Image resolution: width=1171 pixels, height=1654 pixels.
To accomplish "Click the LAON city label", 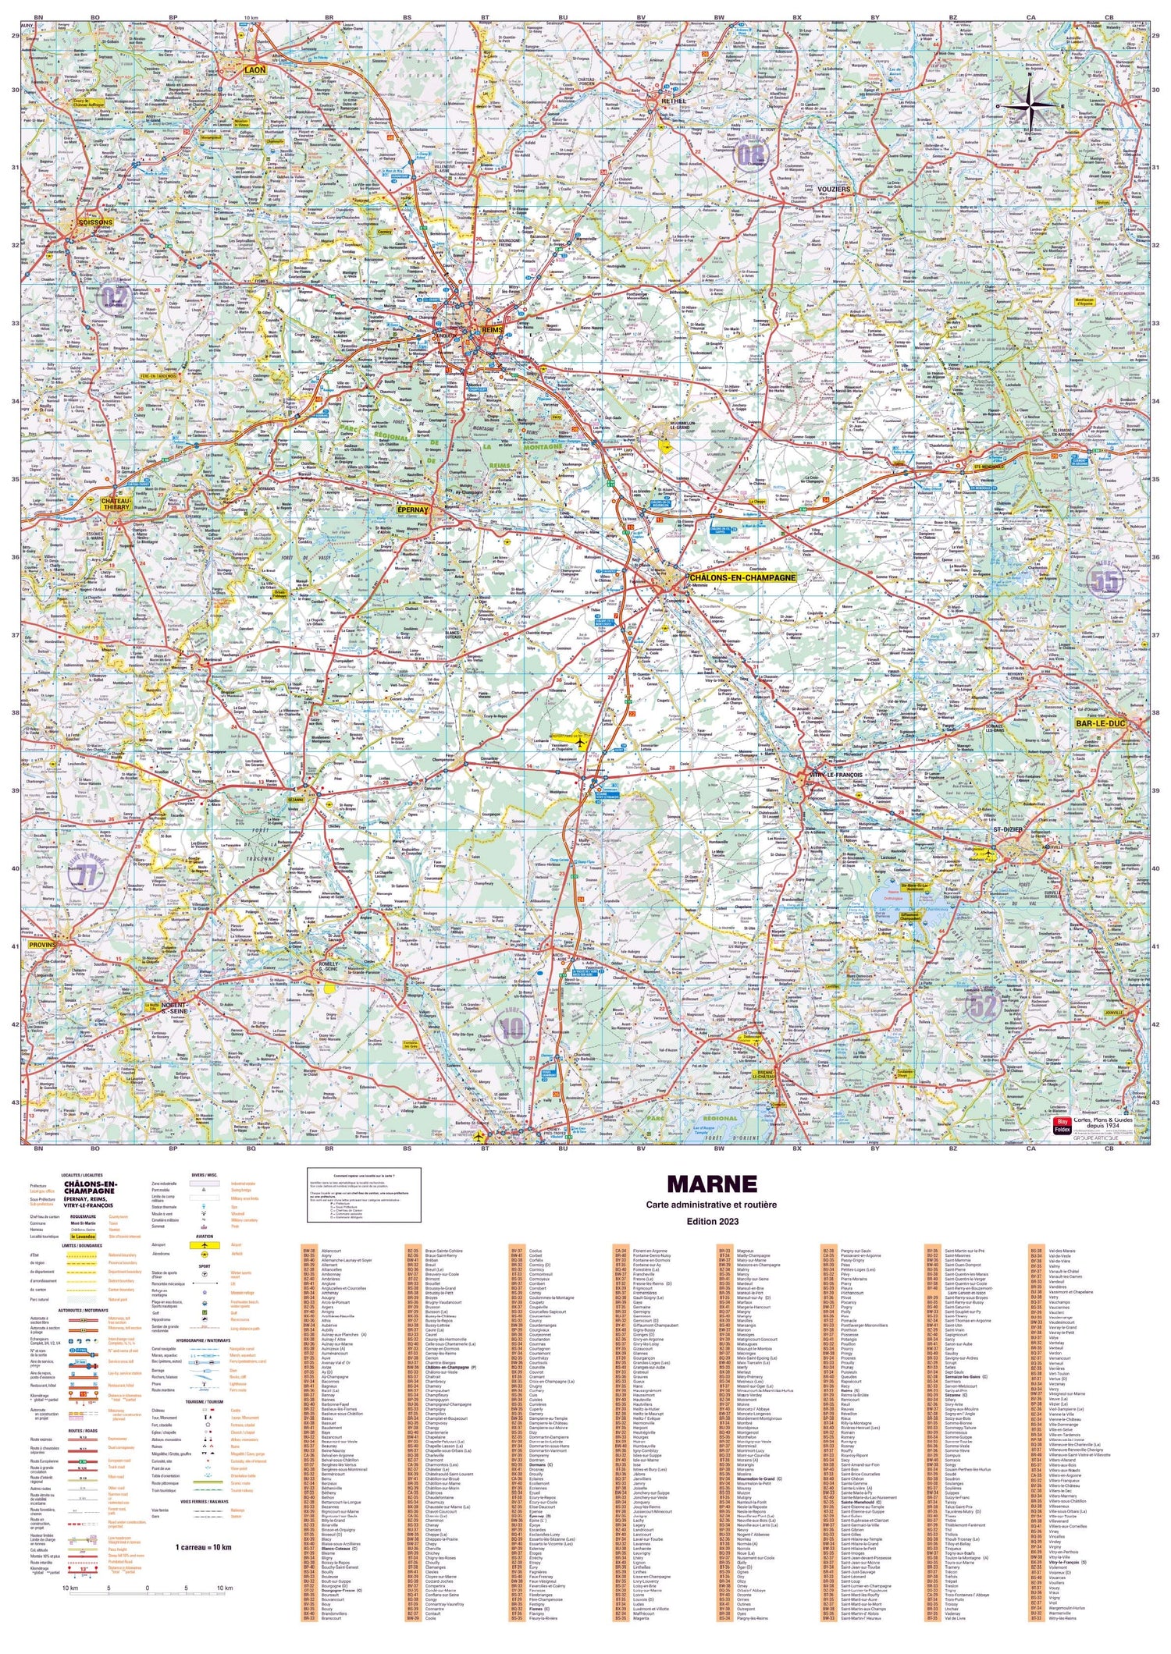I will (x=254, y=69).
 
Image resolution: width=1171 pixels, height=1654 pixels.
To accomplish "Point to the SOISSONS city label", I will (x=96, y=222).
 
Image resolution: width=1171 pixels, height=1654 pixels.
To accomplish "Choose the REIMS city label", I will (x=493, y=330).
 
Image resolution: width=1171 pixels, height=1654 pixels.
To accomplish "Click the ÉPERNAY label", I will (x=413, y=509).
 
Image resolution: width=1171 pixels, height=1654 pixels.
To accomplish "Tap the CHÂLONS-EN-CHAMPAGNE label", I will (x=742, y=578).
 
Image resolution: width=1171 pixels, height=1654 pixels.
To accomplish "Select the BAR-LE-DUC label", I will (x=1100, y=724).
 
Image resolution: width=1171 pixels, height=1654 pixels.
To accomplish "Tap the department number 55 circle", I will (x=1105, y=580).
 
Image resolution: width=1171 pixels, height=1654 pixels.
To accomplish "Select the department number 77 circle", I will (x=87, y=875).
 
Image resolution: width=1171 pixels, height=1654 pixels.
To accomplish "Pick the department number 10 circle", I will (x=511, y=1028).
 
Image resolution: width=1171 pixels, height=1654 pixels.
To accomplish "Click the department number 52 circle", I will (x=983, y=1006).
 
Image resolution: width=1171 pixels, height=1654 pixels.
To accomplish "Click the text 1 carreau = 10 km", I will (x=203, y=1546).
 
